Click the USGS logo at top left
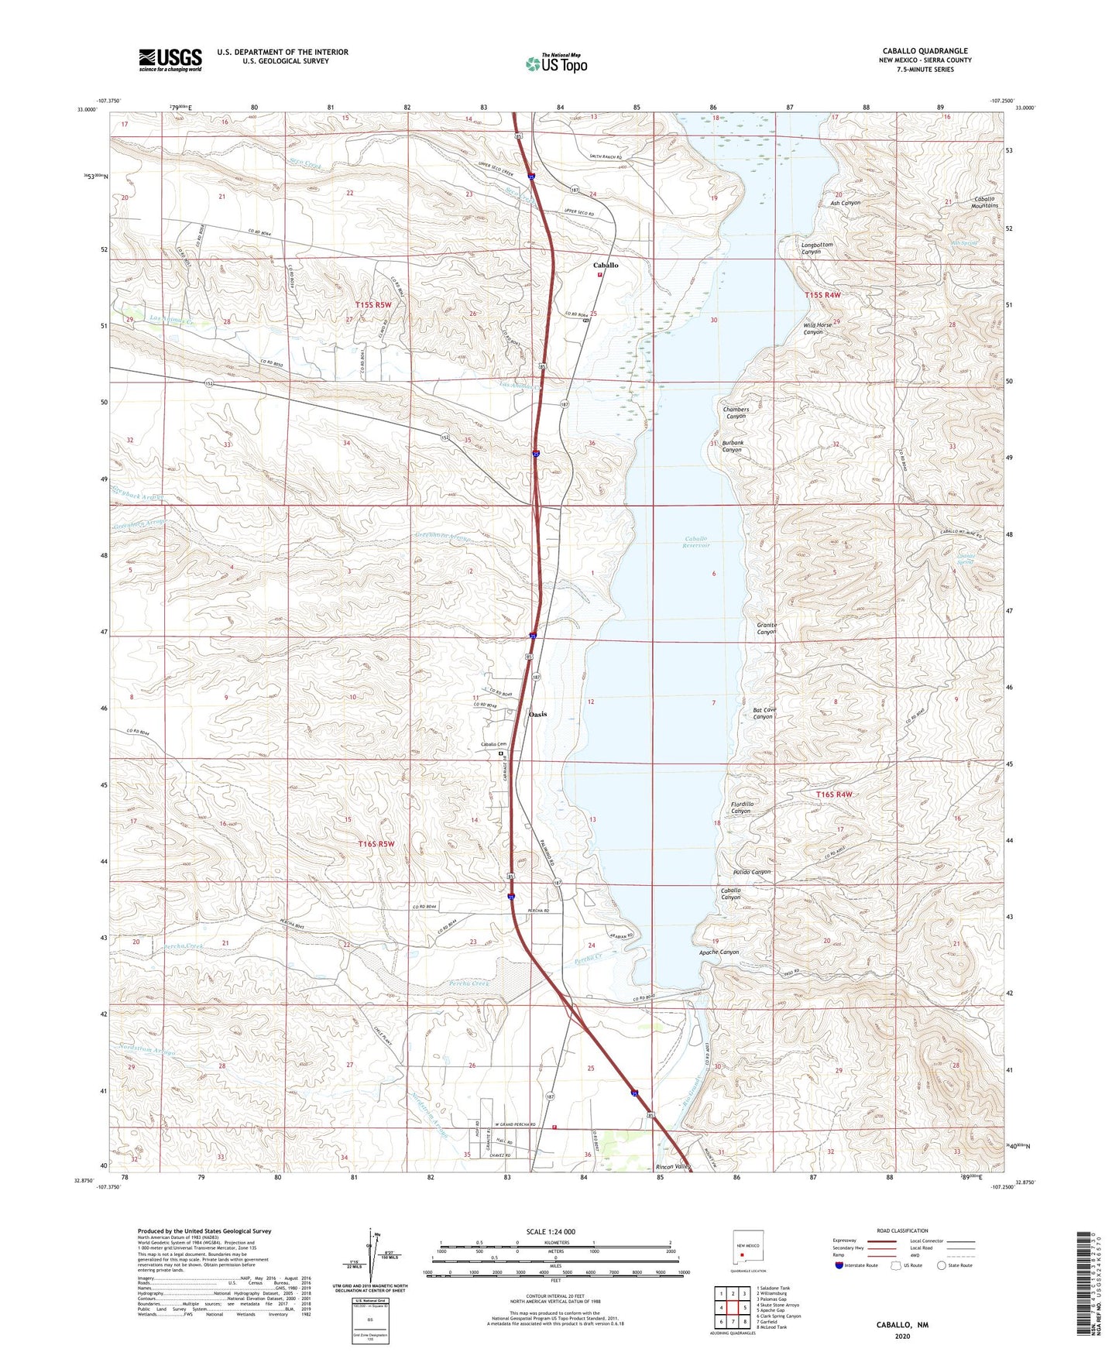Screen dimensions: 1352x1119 tap(170, 60)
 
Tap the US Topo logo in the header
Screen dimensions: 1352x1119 tap(556, 63)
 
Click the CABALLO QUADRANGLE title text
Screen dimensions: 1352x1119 tap(925, 51)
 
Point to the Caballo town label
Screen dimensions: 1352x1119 tap(606, 266)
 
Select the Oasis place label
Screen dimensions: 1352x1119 tap(537, 714)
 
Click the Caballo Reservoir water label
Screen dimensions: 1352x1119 tap(697, 542)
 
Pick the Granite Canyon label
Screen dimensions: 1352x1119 tap(766, 628)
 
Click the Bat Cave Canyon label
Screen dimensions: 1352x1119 tap(764, 713)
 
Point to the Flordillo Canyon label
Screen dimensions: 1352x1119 tap(741, 808)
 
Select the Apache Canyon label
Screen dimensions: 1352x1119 tap(719, 952)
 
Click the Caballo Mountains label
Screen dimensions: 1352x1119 tap(985, 202)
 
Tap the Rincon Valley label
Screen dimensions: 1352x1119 tap(672, 1166)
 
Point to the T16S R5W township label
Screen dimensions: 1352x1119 tap(376, 843)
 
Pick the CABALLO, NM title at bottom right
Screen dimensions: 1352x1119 tap(902, 1325)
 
